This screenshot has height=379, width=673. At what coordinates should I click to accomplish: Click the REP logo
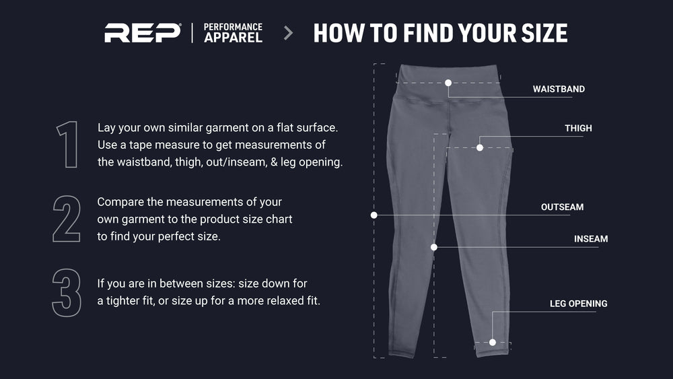(143, 33)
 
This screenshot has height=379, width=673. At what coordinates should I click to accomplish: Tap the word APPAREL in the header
(233, 38)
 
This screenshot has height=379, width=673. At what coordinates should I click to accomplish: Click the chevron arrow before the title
(289, 33)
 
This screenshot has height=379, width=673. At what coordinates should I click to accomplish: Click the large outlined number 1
(67, 144)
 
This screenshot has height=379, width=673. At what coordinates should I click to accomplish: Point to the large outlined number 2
(67, 219)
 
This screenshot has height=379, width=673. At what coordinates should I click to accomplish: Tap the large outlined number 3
(67, 293)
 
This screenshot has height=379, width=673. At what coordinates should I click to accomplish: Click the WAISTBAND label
(559, 90)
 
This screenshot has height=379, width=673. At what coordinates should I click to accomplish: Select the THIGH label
(578, 129)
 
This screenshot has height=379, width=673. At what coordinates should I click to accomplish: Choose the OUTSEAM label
(562, 207)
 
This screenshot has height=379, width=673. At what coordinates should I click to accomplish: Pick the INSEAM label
(591, 239)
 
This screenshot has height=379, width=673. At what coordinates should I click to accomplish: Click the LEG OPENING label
(579, 304)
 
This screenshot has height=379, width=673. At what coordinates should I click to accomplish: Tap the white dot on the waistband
(448, 83)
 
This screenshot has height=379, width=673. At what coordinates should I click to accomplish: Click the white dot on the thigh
(480, 147)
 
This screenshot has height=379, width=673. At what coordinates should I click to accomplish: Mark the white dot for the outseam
(374, 215)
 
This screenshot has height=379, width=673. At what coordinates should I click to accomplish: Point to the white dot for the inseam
(434, 247)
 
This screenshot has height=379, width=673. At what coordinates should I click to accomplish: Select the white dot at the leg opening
(493, 343)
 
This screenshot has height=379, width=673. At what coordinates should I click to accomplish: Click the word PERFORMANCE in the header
(233, 27)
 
